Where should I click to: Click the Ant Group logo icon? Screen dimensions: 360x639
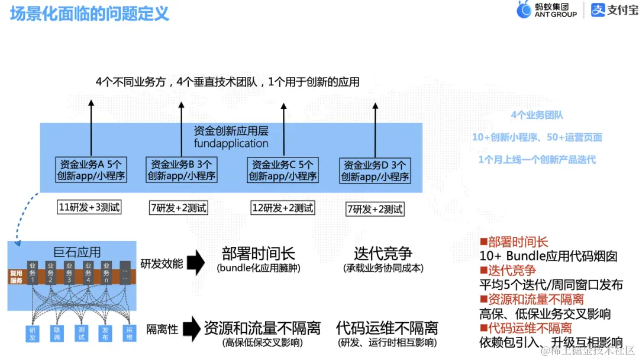pos(524,10)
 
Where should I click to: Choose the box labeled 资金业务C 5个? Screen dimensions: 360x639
pos(283,170)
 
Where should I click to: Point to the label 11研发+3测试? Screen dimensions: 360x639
pos(89,207)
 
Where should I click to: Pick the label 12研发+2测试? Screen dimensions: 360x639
pos(283,208)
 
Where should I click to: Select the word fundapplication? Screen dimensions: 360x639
pos(231,143)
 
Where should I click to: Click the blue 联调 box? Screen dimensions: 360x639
pos(57,333)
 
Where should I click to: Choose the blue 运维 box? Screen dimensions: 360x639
pos(129,333)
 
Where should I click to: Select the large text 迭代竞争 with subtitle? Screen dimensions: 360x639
pos(383,258)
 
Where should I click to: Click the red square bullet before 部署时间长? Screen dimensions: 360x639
pos(483,242)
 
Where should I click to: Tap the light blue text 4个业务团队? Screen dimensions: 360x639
pos(537,115)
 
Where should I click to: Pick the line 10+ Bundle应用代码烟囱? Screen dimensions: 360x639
pos(548,256)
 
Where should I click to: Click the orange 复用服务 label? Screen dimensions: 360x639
pos(16,277)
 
